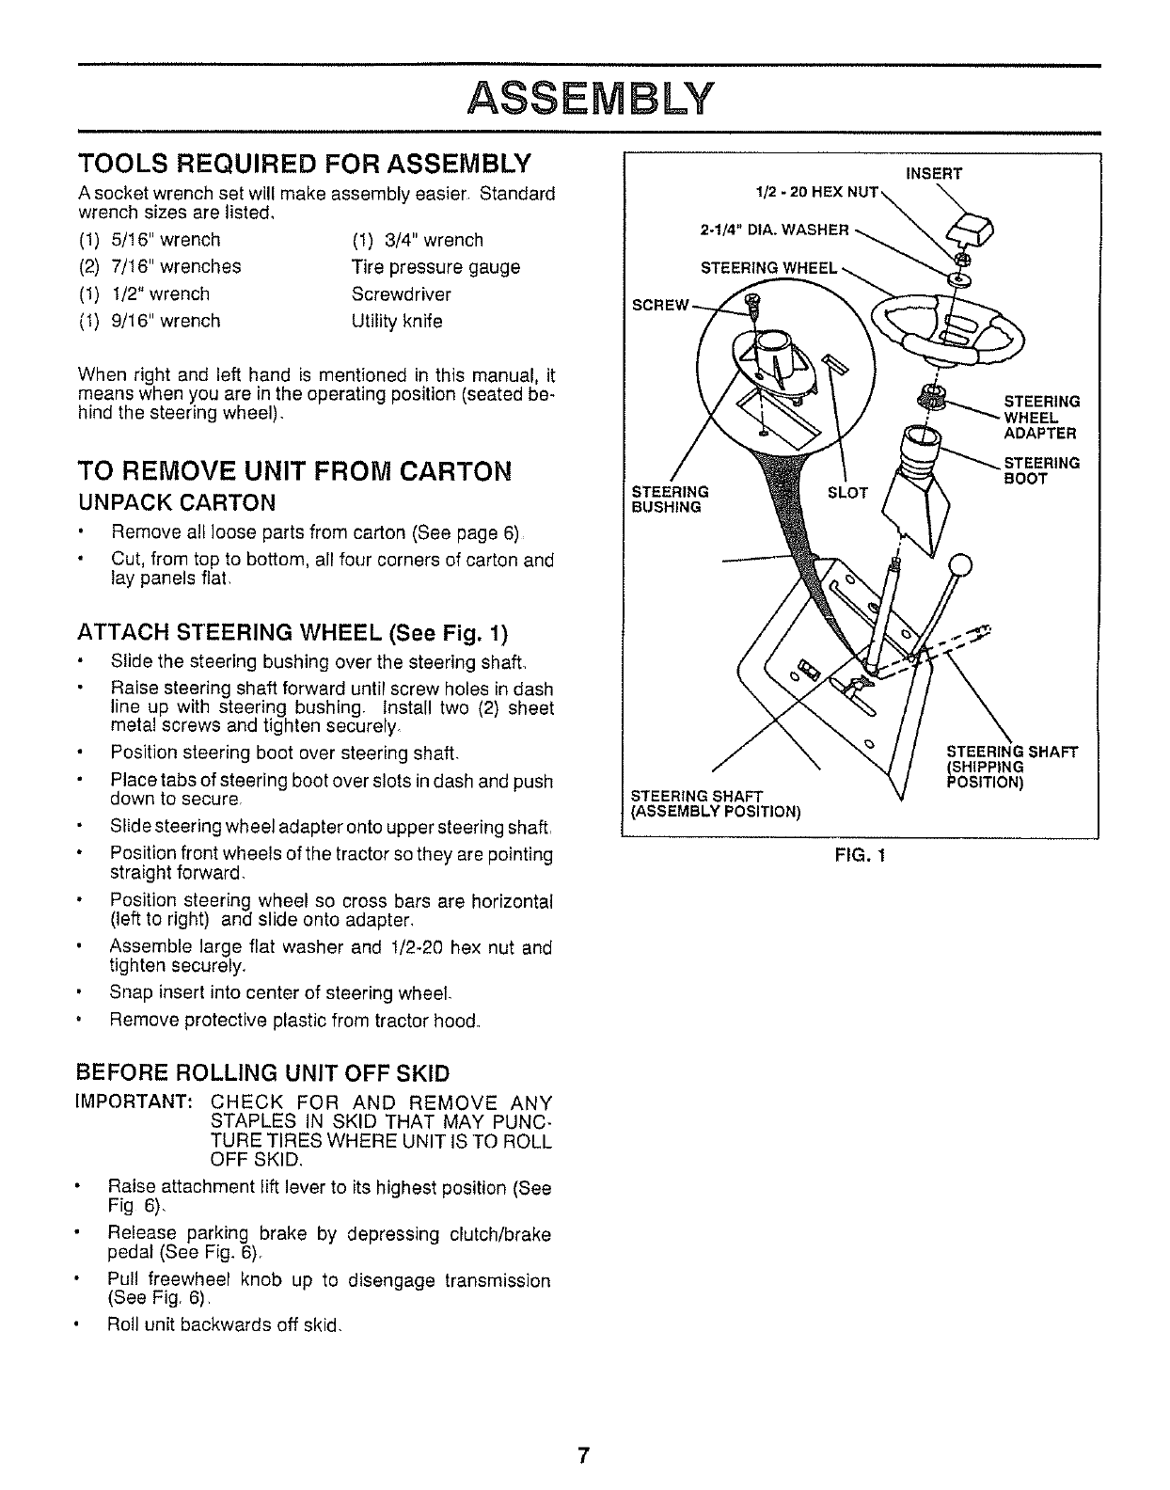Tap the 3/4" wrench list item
click(x=418, y=240)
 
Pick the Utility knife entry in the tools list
click(x=397, y=321)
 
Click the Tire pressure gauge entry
click(x=435, y=267)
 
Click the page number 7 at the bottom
click(x=584, y=1455)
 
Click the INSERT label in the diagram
click(x=933, y=172)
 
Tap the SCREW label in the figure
click(x=660, y=307)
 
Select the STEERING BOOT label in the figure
click(x=1042, y=470)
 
